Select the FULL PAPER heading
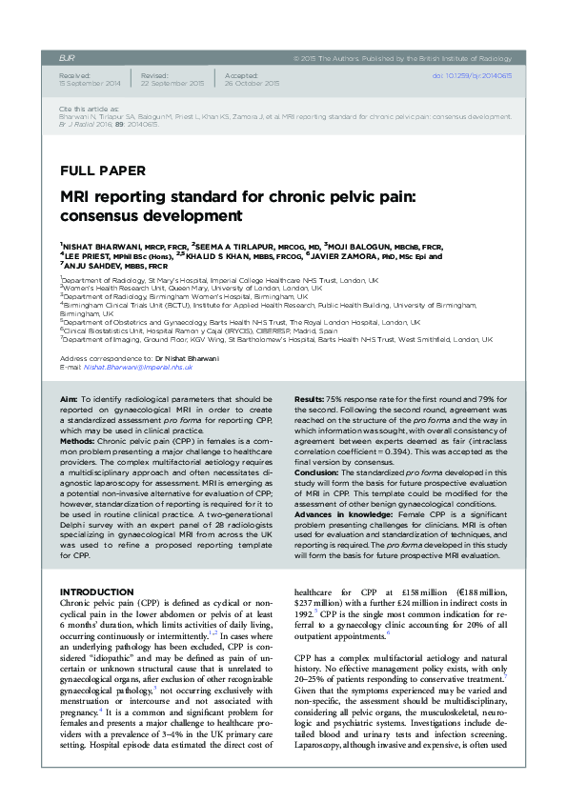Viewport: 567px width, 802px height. pos(102,171)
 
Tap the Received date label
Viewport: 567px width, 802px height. pos(74,74)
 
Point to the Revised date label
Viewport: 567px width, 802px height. pos(154,74)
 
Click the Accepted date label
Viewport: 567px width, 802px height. pos(242,74)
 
